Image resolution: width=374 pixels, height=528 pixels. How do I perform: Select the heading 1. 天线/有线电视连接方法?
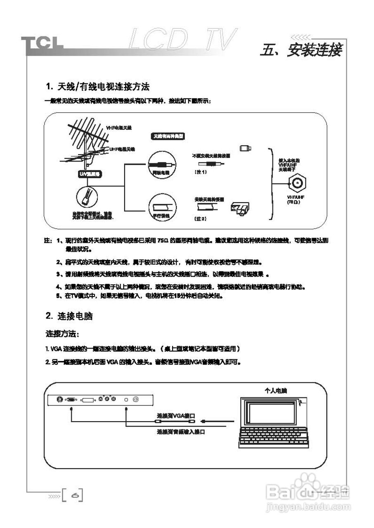click(97, 87)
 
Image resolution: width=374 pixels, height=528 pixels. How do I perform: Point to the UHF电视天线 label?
click(122, 149)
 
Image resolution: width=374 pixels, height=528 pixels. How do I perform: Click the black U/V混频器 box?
click(89, 174)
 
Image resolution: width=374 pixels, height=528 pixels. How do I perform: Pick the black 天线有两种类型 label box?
click(168, 136)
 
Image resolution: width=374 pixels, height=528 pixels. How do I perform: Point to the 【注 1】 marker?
click(200, 172)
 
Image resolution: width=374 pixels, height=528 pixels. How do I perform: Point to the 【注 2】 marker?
click(200, 218)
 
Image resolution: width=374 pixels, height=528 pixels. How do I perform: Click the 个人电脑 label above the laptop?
click(275, 390)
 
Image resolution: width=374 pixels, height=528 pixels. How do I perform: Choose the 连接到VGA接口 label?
click(175, 415)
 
